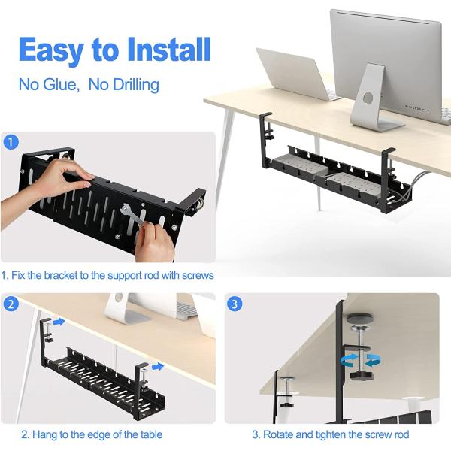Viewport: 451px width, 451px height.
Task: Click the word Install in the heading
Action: (169, 50)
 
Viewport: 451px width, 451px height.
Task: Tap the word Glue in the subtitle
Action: (60, 85)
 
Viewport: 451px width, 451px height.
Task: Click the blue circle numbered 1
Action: (11, 142)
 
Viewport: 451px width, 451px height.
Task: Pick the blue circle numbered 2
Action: (11, 304)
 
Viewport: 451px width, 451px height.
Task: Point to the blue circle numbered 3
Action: (235, 304)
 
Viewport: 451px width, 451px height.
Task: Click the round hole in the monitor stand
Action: (368, 98)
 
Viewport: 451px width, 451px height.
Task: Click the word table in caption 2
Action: (151, 434)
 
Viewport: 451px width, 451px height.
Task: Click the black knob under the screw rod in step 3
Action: (360, 375)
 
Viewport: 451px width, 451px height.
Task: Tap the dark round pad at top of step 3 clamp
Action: (360, 319)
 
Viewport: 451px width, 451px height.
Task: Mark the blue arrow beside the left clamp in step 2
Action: (59, 322)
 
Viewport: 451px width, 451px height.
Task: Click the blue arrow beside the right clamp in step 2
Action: (158, 367)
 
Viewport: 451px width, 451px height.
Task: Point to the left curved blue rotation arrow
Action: (349, 360)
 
